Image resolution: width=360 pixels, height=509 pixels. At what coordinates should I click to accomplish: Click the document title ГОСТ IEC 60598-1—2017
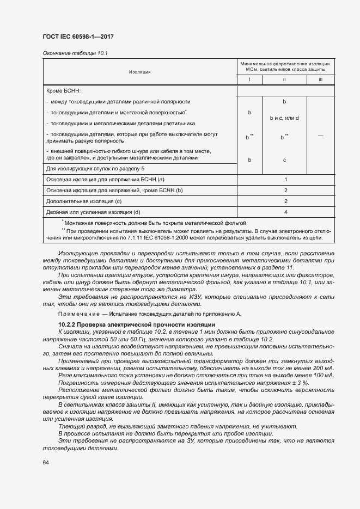77,37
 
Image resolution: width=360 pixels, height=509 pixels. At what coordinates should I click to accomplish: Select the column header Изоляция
140,72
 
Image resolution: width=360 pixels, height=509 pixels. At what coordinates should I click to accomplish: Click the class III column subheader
320,80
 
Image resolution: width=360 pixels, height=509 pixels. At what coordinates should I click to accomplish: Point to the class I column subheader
249,80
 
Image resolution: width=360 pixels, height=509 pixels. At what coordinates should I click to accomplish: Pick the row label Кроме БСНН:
64,91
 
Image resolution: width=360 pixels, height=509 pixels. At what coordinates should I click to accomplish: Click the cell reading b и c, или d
284,118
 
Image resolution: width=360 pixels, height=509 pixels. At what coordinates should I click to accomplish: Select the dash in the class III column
320,137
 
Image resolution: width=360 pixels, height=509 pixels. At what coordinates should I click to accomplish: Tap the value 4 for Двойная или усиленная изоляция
285,212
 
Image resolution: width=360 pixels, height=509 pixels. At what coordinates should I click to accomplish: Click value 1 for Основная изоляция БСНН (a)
285,179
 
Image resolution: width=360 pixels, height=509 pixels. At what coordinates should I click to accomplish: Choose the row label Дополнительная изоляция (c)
84,201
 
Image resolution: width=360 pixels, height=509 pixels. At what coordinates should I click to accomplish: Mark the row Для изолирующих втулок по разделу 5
95,169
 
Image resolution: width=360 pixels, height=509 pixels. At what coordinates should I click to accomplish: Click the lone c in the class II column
284,160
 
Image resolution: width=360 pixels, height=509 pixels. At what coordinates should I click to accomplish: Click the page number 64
45,462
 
